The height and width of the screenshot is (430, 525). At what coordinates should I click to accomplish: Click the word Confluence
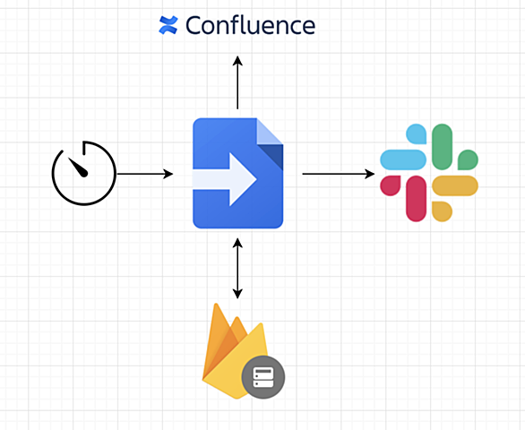(x=250, y=25)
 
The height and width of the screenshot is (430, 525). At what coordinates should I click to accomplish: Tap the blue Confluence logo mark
(x=168, y=25)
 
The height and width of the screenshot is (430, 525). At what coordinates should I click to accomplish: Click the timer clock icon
(x=83, y=173)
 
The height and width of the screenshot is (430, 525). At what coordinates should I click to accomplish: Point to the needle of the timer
(x=78, y=167)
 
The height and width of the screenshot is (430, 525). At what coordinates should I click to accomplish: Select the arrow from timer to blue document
(x=144, y=174)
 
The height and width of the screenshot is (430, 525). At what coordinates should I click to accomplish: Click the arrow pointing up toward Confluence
(x=237, y=82)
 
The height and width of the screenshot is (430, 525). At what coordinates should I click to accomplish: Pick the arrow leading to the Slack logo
(x=339, y=174)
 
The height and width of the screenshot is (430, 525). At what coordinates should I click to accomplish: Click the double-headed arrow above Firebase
(x=237, y=268)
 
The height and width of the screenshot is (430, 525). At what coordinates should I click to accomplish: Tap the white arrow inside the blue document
(x=225, y=179)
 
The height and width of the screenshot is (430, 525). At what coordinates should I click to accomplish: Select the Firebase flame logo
(x=236, y=351)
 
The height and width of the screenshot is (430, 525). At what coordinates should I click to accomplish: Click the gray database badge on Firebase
(x=263, y=377)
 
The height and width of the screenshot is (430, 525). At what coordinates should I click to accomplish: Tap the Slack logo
(x=429, y=173)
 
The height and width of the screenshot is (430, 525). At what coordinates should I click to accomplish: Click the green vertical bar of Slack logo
(x=442, y=147)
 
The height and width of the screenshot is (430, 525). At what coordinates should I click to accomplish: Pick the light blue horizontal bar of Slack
(x=403, y=159)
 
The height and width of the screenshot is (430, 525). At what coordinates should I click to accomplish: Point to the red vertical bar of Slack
(x=416, y=199)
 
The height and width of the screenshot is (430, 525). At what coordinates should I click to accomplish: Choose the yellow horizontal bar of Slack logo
(x=455, y=185)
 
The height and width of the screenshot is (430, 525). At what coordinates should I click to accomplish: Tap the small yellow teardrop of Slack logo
(x=442, y=211)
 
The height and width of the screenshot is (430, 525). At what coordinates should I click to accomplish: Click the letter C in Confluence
(x=194, y=25)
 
